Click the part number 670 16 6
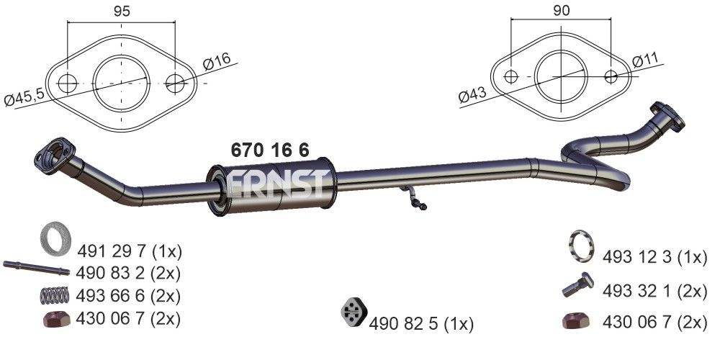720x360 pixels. click(270, 150)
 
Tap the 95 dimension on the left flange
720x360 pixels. click(122, 11)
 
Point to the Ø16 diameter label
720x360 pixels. click(216, 63)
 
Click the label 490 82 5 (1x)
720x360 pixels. click(421, 325)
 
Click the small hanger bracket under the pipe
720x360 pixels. click(414, 199)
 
